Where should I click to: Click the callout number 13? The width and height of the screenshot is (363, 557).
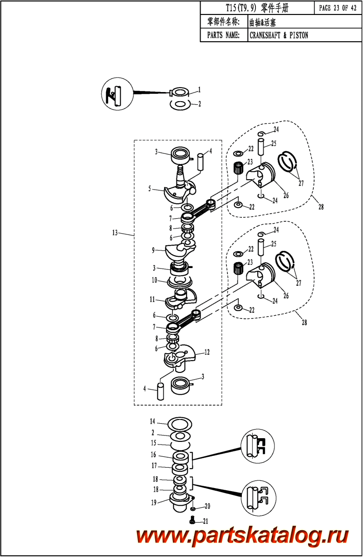pyautogui.click(x=115, y=233)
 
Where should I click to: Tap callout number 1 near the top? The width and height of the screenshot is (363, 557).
pyautogui.click(x=199, y=90)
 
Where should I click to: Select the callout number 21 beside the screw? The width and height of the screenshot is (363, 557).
pyautogui.click(x=206, y=521)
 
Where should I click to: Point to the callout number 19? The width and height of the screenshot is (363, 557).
pyautogui.click(x=154, y=503)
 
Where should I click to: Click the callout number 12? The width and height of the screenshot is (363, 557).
pyautogui.click(x=207, y=352)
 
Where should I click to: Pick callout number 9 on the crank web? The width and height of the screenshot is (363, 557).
pyautogui.click(x=153, y=250)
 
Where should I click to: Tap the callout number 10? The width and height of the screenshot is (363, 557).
pyautogui.click(x=155, y=280)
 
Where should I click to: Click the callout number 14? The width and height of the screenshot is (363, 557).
pyautogui.click(x=152, y=421)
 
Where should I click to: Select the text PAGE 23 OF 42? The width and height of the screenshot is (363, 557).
pyautogui.click(x=338, y=8)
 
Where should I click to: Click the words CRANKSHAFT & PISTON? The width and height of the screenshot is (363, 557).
pyautogui.click(x=279, y=35)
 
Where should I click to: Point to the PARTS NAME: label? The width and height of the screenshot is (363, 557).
pyautogui.click(x=223, y=35)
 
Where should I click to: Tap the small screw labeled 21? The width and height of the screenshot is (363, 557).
pyautogui.click(x=192, y=519)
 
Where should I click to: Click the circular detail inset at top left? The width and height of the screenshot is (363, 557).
pyautogui.click(x=117, y=93)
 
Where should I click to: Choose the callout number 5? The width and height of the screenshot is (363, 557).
pyautogui.click(x=150, y=189)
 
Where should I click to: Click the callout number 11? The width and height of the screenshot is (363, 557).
pyautogui.click(x=152, y=299)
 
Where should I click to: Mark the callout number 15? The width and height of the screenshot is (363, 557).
pyautogui.click(x=153, y=443)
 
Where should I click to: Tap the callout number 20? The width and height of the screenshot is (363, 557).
pyautogui.click(x=207, y=506)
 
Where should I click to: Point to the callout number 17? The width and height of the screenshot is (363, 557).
pyautogui.click(x=154, y=465)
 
